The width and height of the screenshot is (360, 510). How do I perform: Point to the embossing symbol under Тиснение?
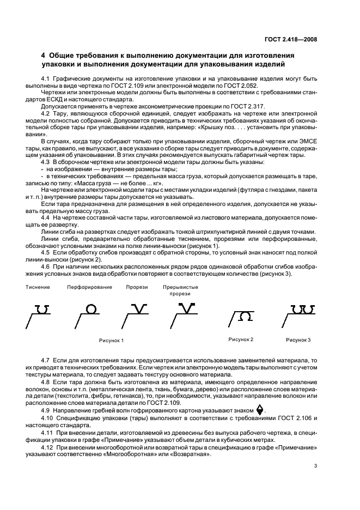pyautogui.click(x=43, y=309)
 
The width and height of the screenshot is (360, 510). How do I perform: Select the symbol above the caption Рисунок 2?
pyautogui.click(x=245, y=315)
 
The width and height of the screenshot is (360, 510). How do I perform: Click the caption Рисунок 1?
pyautogui.click(x=111, y=340)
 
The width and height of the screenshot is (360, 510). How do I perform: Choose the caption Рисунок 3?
pyautogui.click(x=298, y=340)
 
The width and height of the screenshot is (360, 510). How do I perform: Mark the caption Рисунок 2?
pyautogui.click(x=241, y=339)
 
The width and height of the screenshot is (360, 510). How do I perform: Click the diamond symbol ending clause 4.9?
pyautogui.click(x=260, y=409)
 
